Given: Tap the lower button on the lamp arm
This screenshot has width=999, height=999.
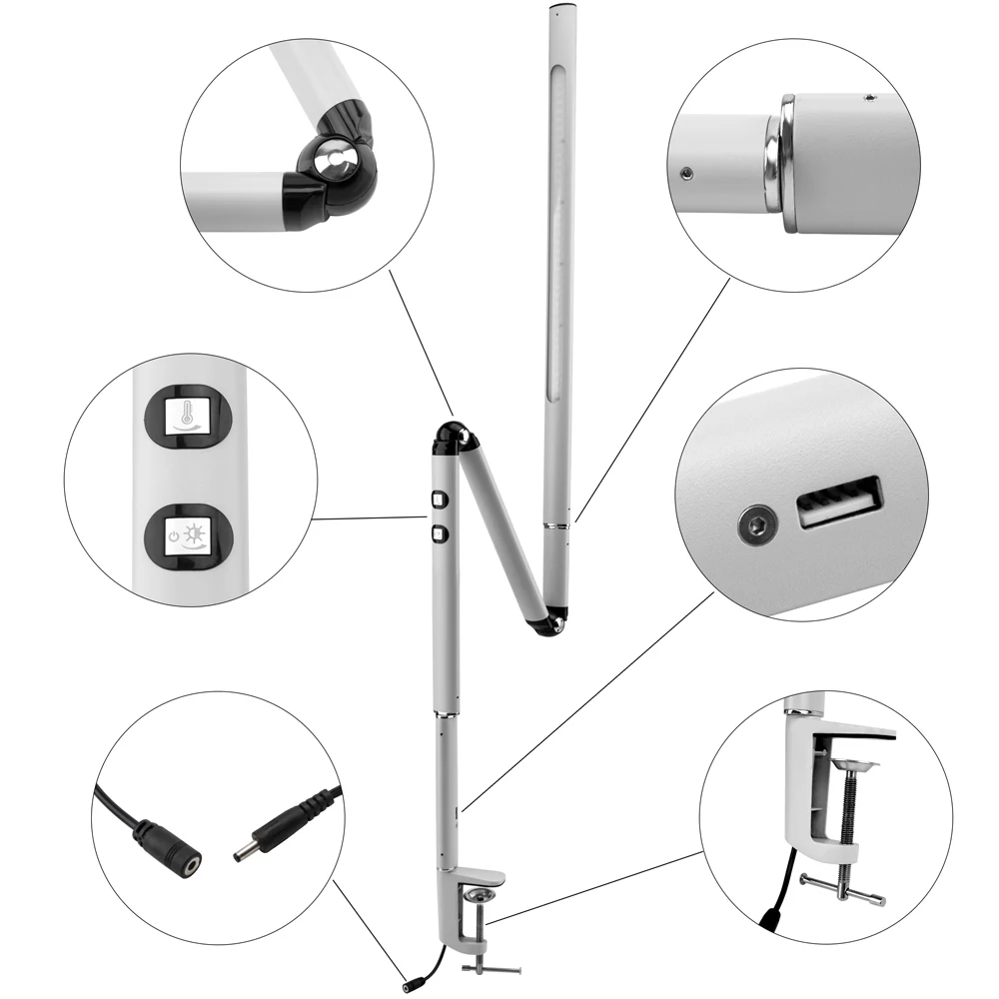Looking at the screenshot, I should point(438,534).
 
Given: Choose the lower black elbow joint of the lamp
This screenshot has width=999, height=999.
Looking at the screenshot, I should point(549,624).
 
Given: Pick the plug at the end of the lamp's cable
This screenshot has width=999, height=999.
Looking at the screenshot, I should point(411,986).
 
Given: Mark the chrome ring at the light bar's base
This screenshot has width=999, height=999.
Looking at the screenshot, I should point(556,523).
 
